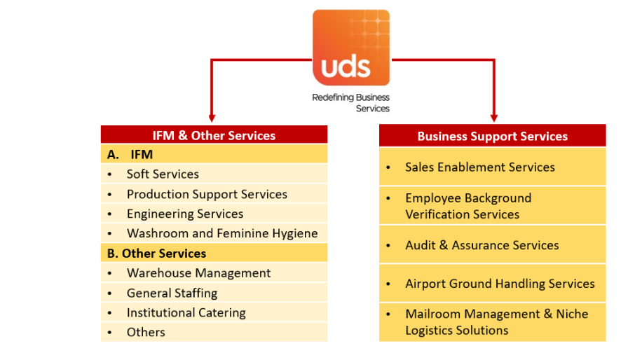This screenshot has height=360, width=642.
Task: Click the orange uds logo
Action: (350, 48)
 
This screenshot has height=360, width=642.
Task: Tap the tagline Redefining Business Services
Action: (351, 103)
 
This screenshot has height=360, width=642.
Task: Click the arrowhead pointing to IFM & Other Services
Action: (212, 118)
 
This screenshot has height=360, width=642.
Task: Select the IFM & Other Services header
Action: (214, 136)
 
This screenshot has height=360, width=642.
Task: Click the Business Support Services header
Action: (492, 136)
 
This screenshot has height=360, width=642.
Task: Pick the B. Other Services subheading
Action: (157, 253)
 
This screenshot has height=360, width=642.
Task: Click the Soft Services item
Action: (163, 174)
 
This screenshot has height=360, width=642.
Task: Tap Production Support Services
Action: (207, 194)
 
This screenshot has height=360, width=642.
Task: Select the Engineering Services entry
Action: (185, 214)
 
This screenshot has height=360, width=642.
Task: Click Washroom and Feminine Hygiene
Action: (222, 233)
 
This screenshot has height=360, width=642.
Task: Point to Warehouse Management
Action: (198, 273)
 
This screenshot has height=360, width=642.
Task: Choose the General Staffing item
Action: (172, 293)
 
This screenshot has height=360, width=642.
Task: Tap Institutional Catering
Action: (186, 312)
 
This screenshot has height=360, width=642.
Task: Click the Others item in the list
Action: (146, 332)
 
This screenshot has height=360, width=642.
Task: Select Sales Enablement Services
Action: (480, 167)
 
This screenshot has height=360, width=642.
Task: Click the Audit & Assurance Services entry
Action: (482, 245)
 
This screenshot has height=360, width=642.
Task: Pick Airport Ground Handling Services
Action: (500, 284)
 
